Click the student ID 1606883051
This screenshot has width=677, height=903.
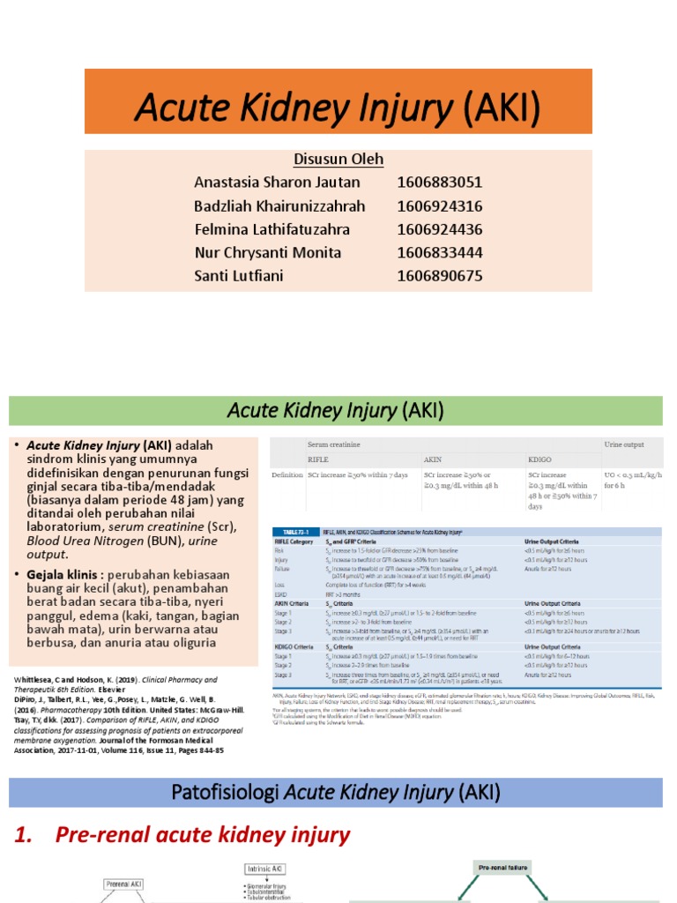[440, 183]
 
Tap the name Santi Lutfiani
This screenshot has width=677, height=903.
[239, 276]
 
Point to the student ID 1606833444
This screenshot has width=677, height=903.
[440, 252]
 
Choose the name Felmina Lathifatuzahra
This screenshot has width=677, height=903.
[272, 229]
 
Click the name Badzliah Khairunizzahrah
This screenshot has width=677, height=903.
[279, 205]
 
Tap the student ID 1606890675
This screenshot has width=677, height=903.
[440, 276]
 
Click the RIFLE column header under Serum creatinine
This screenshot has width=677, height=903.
[317, 459]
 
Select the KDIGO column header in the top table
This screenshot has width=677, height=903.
[539, 459]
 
